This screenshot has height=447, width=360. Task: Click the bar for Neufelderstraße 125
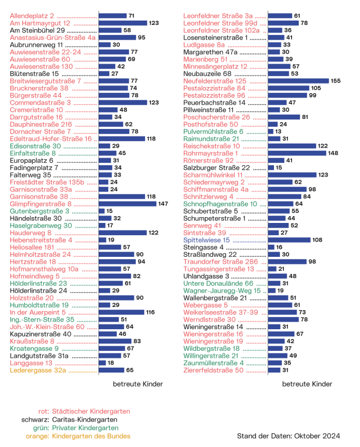(x=298, y=81)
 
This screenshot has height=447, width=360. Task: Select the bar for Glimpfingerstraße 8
(x=128, y=203)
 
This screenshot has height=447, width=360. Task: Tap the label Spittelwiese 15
(x=206, y=240)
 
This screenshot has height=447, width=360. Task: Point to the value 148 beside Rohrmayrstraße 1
(x=333, y=153)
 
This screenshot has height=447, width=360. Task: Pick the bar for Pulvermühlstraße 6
(x=270, y=132)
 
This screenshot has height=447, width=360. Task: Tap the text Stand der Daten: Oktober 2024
(x=289, y=436)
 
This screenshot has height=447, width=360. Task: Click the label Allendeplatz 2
(x=32, y=16)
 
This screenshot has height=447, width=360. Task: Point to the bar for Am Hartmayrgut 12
(x=122, y=23)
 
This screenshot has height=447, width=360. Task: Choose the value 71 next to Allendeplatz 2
(x=131, y=16)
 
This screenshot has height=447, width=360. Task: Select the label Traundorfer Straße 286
(x=221, y=262)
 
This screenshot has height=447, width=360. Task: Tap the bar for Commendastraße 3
(x=122, y=103)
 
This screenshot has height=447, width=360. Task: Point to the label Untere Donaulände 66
(x=219, y=283)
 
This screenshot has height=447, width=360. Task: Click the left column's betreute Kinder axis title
(x=130, y=384)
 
